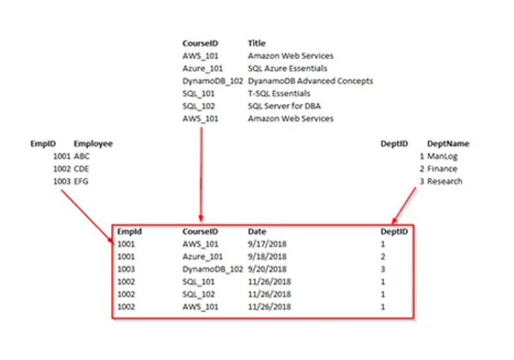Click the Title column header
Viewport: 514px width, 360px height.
pyautogui.click(x=256, y=43)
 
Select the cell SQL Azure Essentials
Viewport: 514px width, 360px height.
pyautogui.click(x=287, y=68)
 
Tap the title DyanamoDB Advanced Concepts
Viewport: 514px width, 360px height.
pyautogui.click(x=310, y=81)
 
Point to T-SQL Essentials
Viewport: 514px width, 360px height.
pyautogui.click(x=279, y=93)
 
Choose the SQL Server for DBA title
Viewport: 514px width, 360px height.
pyautogui.click(x=284, y=106)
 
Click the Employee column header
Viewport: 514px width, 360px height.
pyautogui.click(x=93, y=144)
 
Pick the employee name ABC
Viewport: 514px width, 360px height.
pyautogui.click(x=82, y=156)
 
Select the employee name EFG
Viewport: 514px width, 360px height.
pyautogui.click(x=81, y=181)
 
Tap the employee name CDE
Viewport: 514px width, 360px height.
pyautogui.click(x=82, y=169)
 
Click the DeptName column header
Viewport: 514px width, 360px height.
pyautogui.click(x=448, y=143)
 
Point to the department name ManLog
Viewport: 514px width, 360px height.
pyautogui.click(x=442, y=156)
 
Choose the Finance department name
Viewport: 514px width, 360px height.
pyautogui.click(x=442, y=169)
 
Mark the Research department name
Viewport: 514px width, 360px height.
pyautogui.click(x=445, y=181)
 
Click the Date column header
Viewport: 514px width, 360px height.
pyautogui.click(x=257, y=231)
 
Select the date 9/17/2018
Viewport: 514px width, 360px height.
pyautogui.click(x=267, y=244)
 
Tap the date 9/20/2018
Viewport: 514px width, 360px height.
pyautogui.click(x=267, y=269)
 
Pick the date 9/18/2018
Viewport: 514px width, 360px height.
pyautogui.click(x=267, y=256)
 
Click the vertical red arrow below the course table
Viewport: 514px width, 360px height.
pyautogui.click(x=201, y=174)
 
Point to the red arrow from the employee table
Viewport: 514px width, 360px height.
pyautogui.click(x=88, y=217)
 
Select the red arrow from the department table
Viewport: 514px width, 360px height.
pyautogui.click(x=404, y=206)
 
